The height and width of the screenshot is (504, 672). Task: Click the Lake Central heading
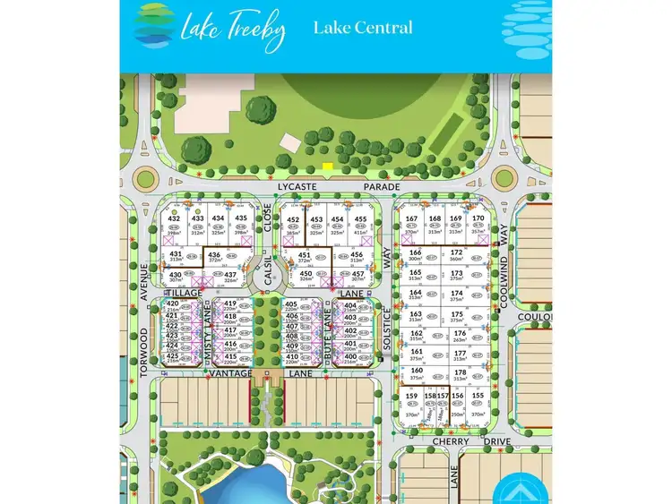click(x=363, y=28)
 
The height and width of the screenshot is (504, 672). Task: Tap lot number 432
click(x=174, y=218)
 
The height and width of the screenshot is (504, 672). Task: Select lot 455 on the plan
click(x=361, y=219)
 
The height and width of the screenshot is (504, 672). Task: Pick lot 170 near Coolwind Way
click(x=478, y=218)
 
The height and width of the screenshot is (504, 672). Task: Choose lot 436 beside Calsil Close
click(x=213, y=255)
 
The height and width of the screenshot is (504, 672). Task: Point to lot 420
click(x=173, y=304)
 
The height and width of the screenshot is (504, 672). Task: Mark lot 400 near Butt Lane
click(x=350, y=356)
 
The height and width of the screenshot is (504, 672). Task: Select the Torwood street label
click(x=143, y=350)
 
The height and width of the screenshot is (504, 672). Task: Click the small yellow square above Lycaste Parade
click(x=328, y=167)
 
